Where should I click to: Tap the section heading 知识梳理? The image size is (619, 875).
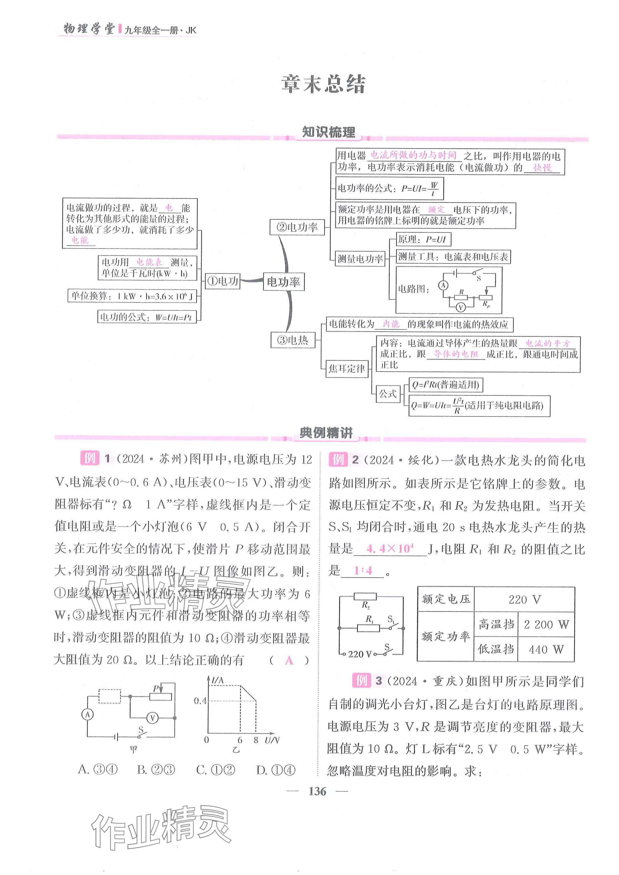coord(329,132)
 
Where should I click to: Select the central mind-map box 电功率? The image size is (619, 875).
coord(283,282)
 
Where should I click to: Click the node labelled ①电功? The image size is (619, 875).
coord(222,281)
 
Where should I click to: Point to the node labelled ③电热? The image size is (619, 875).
coord(293,339)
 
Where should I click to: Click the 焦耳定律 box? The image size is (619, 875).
coord(347,368)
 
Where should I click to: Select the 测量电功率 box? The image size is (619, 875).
coord(360,259)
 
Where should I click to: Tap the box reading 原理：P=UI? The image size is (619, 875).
coord(423,239)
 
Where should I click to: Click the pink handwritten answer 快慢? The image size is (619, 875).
coord(542,168)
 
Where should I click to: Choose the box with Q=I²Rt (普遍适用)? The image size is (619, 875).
coord(445,385)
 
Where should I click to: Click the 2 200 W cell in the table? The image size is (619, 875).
coord(546,624)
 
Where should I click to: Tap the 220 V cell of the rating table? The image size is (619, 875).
coord(525,599)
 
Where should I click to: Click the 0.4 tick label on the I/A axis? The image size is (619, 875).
coord(199,700)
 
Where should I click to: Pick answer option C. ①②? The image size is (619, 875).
coord(215,770)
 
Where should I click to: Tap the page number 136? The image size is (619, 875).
coord(317,791)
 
